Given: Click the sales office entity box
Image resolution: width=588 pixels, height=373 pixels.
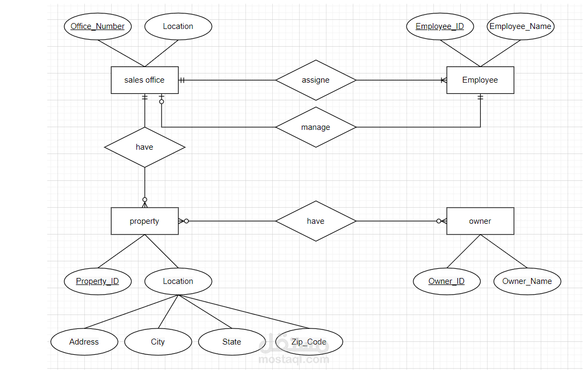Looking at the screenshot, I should (x=144, y=80).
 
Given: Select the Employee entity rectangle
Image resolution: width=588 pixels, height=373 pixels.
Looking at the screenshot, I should (x=480, y=80).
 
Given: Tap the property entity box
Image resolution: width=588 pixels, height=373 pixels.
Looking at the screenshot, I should (x=144, y=221).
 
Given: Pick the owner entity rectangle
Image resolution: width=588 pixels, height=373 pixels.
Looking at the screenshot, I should (x=480, y=221).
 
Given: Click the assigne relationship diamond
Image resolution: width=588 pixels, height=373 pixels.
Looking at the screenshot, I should (x=316, y=80).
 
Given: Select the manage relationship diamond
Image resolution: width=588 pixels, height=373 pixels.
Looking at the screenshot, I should (x=316, y=127).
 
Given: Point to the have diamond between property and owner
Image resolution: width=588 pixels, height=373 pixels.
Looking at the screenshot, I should (x=316, y=221).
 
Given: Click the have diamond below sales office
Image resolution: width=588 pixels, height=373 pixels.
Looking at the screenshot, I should (x=144, y=147).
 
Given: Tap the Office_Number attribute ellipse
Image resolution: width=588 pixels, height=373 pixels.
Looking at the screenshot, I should (x=98, y=26).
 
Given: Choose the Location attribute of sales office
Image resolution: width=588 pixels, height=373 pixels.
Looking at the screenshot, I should (x=178, y=26).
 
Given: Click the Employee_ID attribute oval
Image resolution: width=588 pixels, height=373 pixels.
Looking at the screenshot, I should (x=440, y=26).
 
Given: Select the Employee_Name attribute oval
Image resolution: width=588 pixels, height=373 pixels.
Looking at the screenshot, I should (x=520, y=26).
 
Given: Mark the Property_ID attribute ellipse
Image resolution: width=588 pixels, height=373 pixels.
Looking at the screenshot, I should (x=98, y=281).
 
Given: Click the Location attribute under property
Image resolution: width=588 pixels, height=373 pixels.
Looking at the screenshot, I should (x=178, y=281).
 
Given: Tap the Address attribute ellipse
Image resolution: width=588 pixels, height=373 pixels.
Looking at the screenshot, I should (x=84, y=342).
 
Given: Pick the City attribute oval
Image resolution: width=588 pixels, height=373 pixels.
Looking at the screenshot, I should (x=158, y=342).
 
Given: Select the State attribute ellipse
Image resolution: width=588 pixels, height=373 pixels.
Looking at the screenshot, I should (x=232, y=342).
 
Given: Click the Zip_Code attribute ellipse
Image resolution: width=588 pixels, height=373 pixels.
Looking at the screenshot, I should (x=309, y=342).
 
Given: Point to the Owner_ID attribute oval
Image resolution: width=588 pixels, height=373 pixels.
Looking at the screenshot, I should (x=447, y=281).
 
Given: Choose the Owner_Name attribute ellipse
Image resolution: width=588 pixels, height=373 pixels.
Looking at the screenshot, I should (x=527, y=281).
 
